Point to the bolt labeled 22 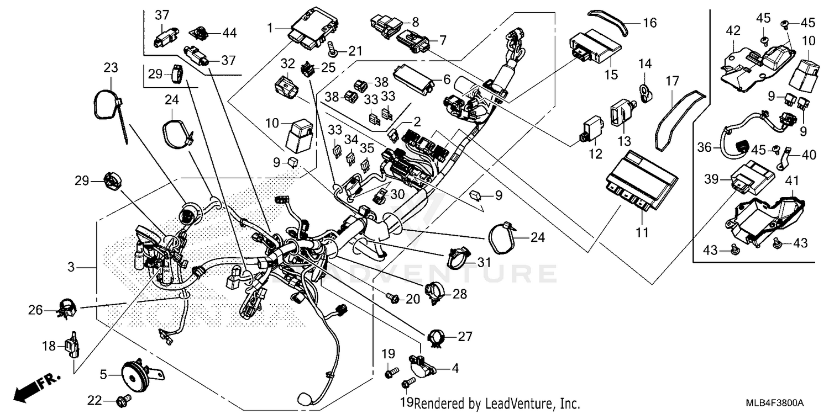[x=124, y=399]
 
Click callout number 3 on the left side [x=71, y=268]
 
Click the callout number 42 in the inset [x=733, y=31]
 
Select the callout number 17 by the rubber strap [x=671, y=81]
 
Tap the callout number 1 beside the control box [x=270, y=26]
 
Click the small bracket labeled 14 [x=644, y=92]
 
